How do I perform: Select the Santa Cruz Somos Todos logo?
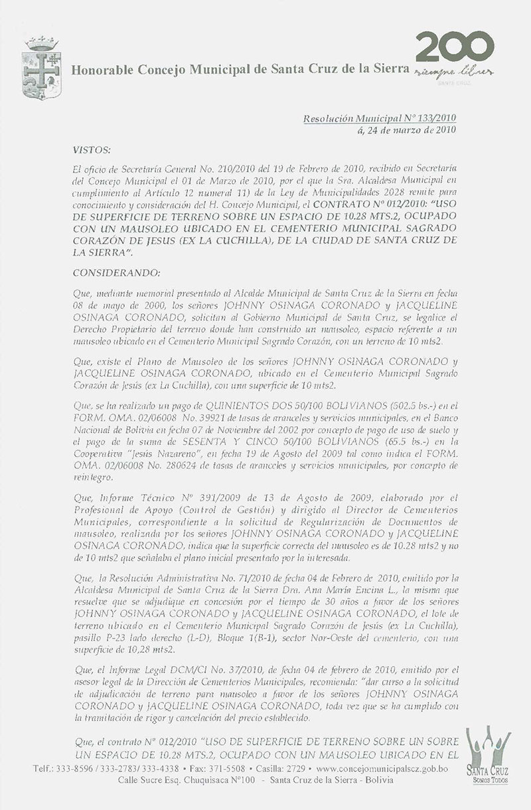pyautogui.click(x=488, y=764)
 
